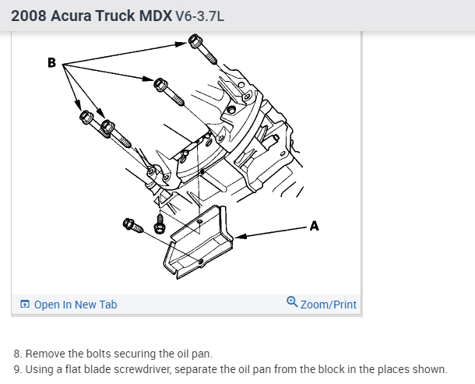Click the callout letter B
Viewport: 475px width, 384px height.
(51, 62)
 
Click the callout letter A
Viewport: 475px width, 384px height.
(314, 226)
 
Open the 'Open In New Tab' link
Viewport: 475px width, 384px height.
(76, 305)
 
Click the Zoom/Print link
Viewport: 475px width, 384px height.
(328, 305)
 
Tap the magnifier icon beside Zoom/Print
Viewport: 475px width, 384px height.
(292, 303)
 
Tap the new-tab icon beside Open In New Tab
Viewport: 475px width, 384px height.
(25, 305)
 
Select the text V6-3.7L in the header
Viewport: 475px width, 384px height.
(200, 16)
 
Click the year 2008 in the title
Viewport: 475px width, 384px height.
(29, 15)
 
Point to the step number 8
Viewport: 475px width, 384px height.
(17, 354)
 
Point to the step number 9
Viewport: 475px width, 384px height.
(17, 369)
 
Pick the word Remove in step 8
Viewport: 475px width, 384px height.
(45, 354)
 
